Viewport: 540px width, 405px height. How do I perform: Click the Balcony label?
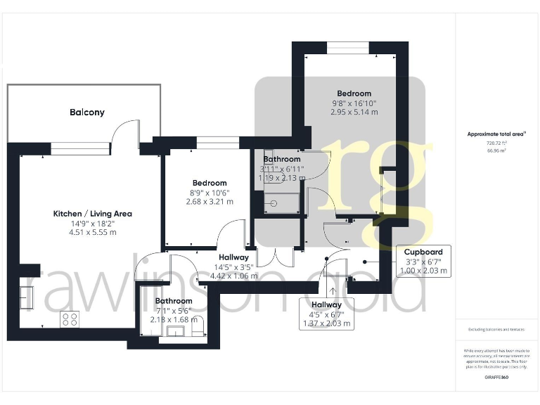tap(86, 112)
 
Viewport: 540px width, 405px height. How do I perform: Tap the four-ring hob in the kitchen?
tap(70, 319)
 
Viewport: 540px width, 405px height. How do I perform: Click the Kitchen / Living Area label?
tap(92, 214)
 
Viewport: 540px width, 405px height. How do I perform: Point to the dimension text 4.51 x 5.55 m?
tap(92, 232)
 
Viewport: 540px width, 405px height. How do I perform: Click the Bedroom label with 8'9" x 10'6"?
tap(209, 183)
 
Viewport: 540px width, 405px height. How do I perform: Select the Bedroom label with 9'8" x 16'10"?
tap(354, 94)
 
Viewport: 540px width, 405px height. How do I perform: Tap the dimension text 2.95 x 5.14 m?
tap(354, 112)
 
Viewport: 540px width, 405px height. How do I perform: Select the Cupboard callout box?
tap(423, 261)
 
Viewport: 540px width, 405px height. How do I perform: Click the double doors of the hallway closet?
tap(275, 257)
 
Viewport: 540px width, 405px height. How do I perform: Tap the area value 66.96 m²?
tap(496, 150)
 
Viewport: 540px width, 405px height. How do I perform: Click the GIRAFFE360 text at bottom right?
tap(496, 378)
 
